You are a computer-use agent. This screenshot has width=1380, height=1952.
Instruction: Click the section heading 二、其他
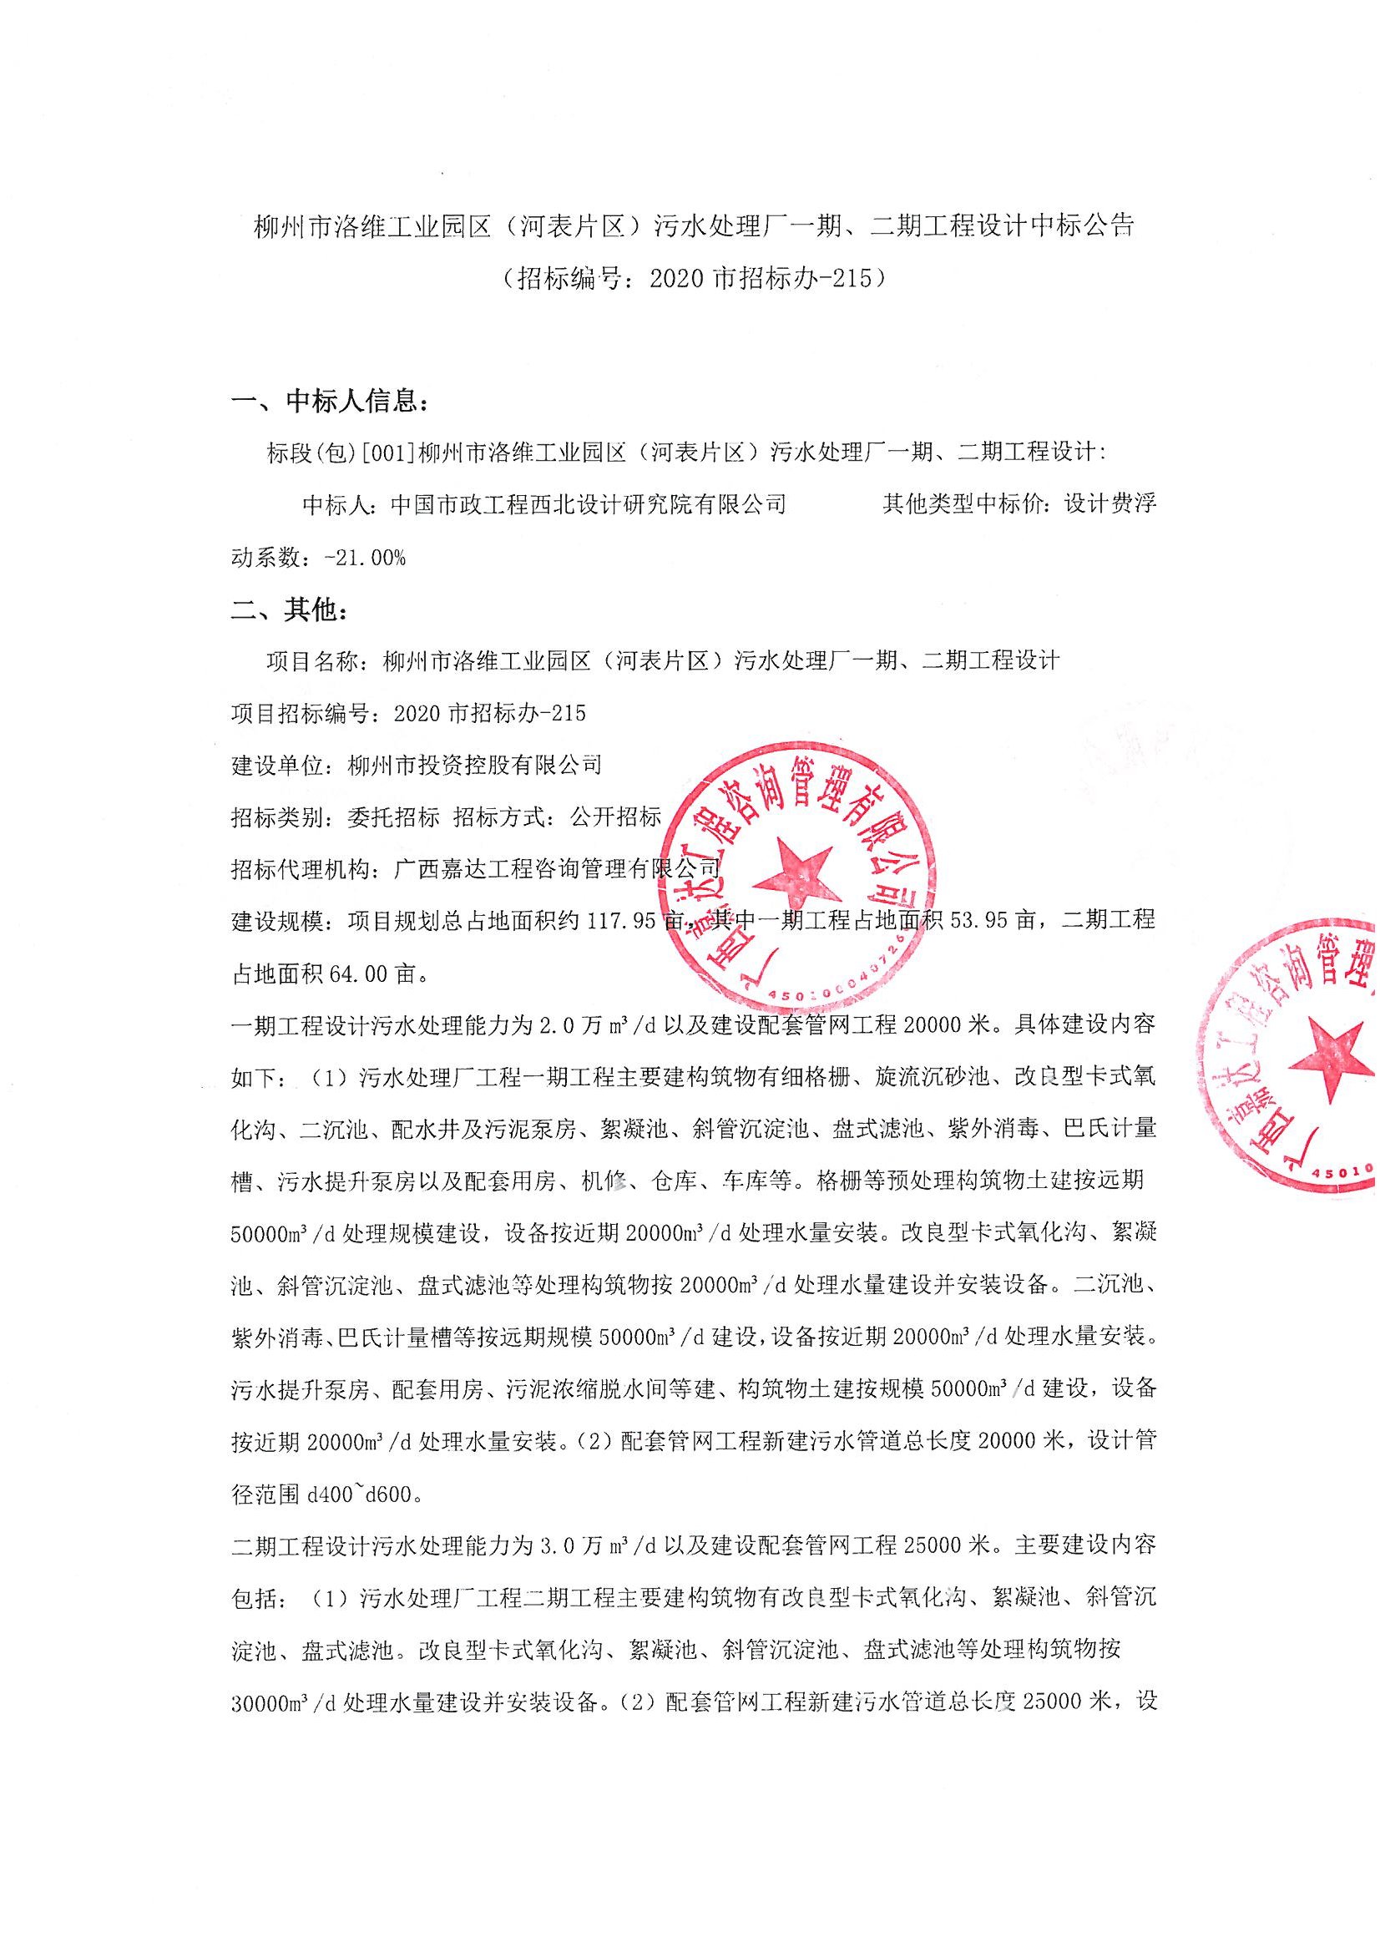289,610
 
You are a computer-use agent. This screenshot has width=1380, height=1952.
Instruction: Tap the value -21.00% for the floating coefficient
366,558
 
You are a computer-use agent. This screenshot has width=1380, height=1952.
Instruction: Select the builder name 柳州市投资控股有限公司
474,765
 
